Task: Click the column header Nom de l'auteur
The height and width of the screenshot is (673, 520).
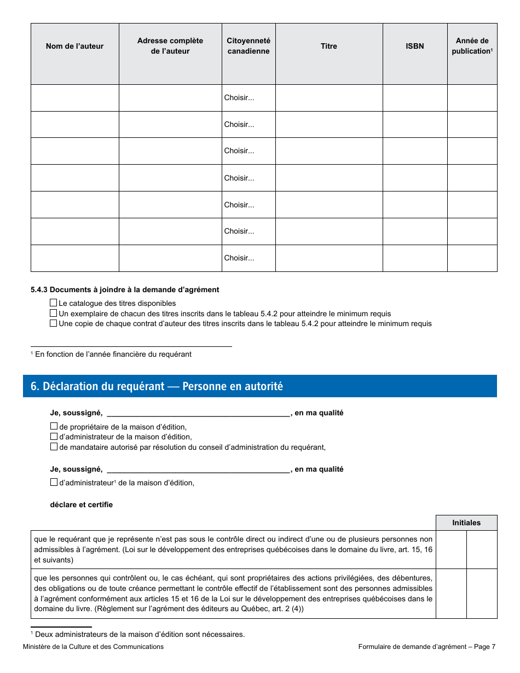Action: tap(74, 47)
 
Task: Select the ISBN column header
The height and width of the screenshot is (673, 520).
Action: tap(414, 47)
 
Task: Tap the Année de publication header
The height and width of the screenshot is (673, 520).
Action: tap(472, 46)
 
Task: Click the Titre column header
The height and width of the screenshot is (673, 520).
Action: tap(328, 47)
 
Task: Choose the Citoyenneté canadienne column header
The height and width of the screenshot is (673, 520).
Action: tap(249, 46)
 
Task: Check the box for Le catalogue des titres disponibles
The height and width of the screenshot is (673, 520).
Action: tap(54, 303)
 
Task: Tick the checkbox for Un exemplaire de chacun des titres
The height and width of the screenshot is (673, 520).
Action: tap(54, 314)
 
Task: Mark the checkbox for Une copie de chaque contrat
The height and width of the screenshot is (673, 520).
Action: tap(54, 323)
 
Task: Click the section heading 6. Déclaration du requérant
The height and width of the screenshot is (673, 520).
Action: tap(157, 386)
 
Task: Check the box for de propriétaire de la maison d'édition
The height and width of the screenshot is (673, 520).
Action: tap(54, 427)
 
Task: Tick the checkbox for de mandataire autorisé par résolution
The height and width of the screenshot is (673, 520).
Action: tap(54, 447)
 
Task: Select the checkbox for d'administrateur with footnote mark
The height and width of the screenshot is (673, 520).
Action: tap(54, 483)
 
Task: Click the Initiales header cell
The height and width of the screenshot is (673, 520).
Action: tap(466, 523)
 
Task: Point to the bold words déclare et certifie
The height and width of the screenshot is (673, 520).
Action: tap(81, 505)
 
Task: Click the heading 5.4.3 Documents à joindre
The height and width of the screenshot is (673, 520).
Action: tap(125, 290)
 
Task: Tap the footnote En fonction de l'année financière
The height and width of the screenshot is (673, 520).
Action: tap(113, 355)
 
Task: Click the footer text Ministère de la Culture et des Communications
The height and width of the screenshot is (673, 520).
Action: tap(93, 647)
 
